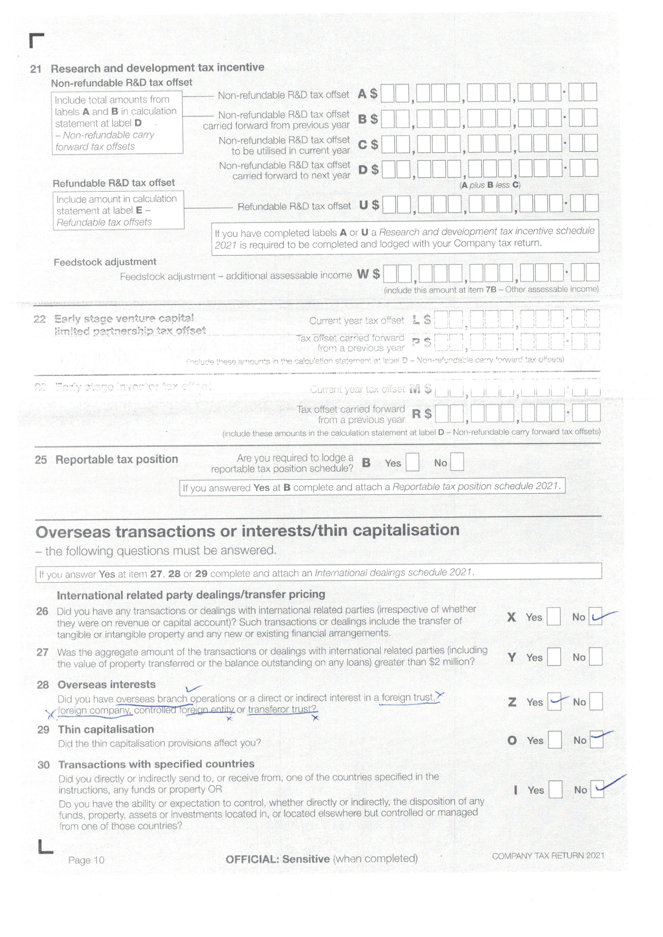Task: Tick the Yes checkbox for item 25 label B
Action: (x=412, y=462)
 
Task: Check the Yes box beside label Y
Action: (x=554, y=657)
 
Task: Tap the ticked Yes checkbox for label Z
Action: (x=554, y=702)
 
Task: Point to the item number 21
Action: (x=36, y=69)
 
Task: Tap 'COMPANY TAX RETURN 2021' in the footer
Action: (x=548, y=856)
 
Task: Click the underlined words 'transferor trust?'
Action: (x=282, y=709)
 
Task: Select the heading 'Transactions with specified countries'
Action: (x=156, y=764)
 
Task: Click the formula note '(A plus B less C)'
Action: (x=490, y=185)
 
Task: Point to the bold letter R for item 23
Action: (x=416, y=414)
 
